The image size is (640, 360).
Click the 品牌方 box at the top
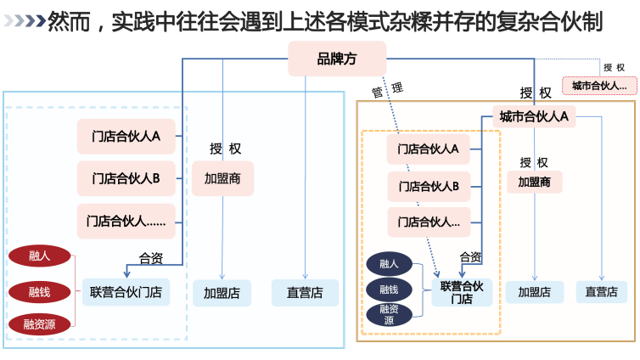pyautogui.click(x=338, y=59)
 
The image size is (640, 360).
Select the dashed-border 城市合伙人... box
pyautogui.click(x=599, y=85)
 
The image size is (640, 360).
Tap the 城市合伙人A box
pyautogui.click(x=533, y=116)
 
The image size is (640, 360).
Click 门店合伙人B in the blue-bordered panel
pyautogui.click(x=126, y=178)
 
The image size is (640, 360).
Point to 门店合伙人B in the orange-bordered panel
pyautogui.click(x=428, y=186)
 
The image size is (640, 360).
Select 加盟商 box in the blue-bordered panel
pyautogui.click(x=222, y=178)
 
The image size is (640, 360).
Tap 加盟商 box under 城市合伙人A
pyautogui.click(x=535, y=182)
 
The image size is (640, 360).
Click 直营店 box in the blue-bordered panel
pyautogui.click(x=304, y=293)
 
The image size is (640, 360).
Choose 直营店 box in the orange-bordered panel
pyautogui.click(x=602, y=292)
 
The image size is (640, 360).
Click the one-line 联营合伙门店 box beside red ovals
pyautogui.click(x=126, y=293)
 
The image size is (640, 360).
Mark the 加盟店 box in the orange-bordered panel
pyautogui.click(x=535, y=292)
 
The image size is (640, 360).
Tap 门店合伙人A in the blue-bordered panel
pyautogui.click(x=126, y=135)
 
